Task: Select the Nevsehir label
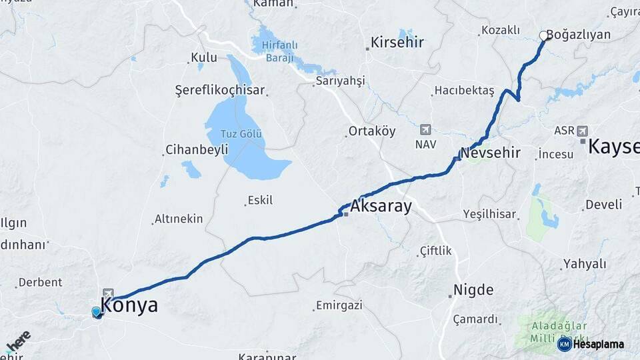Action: [491, 153]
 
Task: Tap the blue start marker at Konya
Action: [96, 311]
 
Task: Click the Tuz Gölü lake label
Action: [241, 134]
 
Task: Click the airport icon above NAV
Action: [425, 129]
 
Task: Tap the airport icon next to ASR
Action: [584, 130]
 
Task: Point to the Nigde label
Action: [473, 290]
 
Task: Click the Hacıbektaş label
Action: [464, 90]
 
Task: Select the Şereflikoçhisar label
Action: [220, 90]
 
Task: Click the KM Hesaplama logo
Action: [591, 344]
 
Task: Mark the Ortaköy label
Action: [372, 131]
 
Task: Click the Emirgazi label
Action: [339, 305]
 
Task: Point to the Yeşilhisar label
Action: [489, 215]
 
